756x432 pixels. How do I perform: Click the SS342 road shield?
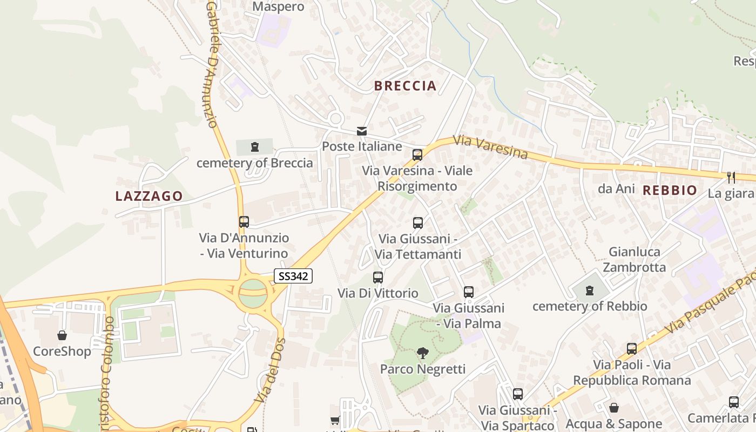click(293, 276)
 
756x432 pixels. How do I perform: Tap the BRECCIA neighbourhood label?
click(405, 86)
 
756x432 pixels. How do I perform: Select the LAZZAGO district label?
click(149, 196)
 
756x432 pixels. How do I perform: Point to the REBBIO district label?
click(670, 190)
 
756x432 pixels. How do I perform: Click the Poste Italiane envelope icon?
click(361, 131)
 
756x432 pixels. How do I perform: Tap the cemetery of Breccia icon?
click(254, 146)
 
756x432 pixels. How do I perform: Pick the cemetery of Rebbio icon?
click(590, 291)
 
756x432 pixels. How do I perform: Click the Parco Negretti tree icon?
click(423, 354)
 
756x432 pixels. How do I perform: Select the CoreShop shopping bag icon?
click(62, 335)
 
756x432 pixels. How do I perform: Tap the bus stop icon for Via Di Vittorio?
click(378, 278)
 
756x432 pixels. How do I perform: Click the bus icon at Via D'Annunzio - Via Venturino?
click(244, 221)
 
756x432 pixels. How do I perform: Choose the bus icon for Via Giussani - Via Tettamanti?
click(418, 222)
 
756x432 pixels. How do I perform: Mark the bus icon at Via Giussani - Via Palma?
click(468, 292)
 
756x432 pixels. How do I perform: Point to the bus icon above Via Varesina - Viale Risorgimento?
click(417, 155)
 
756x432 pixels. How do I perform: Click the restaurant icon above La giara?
click(731, 177)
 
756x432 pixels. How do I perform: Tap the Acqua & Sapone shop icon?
click(613, 408)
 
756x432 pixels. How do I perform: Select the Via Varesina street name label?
click(490, 147)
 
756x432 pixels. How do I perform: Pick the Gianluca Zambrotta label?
click(634, 260)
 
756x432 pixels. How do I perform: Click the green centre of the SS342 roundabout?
click(252, 293)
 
